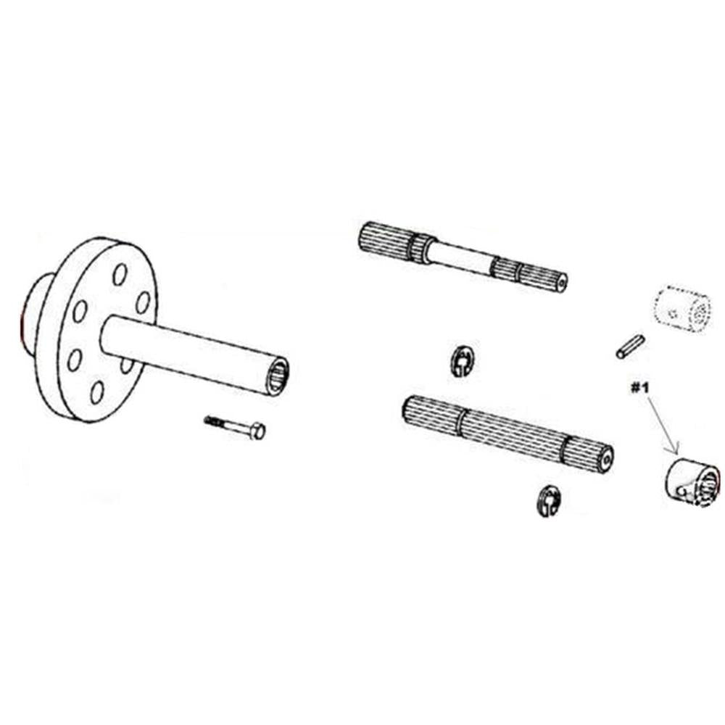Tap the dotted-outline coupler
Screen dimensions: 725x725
681,309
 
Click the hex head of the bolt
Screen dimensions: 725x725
257,431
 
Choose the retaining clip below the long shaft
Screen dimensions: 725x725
550,500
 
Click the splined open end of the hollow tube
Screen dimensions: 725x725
276,376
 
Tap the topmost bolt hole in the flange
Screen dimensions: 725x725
120,274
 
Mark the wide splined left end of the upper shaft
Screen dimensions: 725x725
384,239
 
